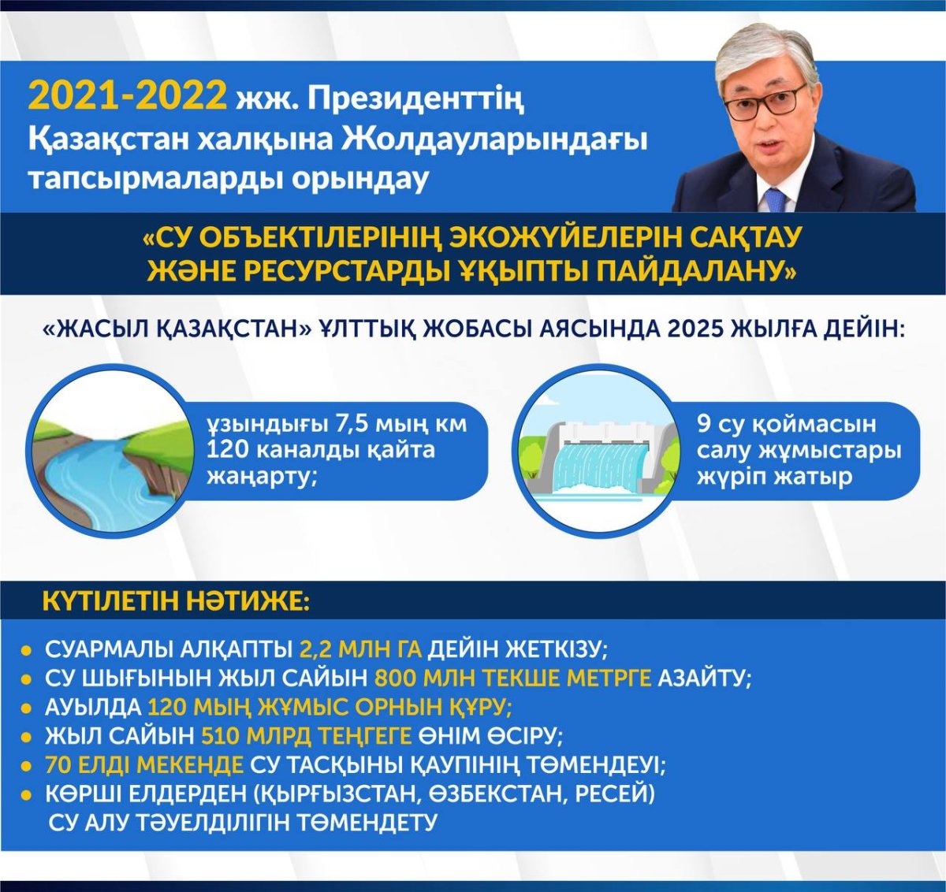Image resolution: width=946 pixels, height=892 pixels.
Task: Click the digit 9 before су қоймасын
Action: (x=704, y=424)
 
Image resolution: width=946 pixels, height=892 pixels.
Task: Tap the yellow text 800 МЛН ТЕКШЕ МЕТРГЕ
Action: (x=512, y=678)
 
